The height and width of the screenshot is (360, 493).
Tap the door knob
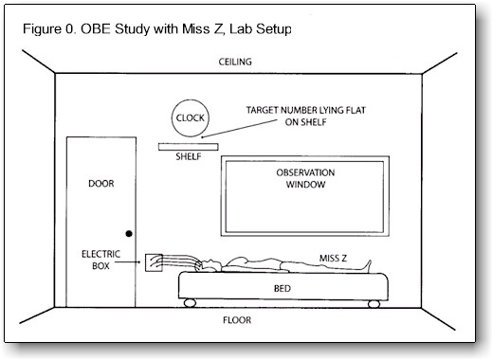[129, 234]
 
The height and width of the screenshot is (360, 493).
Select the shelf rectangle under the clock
[189, 147]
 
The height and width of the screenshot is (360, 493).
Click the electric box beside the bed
[154, 262]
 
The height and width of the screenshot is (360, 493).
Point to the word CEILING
[235, 62]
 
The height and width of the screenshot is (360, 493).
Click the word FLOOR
[237, 320]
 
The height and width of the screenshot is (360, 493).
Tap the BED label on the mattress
[283, 288]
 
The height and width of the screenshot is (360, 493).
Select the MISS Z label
[333, 259]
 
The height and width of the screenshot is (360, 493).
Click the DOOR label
[101, 184]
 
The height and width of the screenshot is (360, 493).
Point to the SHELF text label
[189, 156]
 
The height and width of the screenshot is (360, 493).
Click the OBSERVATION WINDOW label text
[305, 178]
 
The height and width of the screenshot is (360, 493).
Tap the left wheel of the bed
[190, 303]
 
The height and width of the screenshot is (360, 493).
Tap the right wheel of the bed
[374, 304]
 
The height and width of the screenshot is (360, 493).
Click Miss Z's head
[209, 265]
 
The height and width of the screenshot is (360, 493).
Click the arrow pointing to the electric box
[128, 261]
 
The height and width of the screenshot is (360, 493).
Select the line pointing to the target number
[240, 129]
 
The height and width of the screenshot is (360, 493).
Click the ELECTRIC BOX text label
[100, 260]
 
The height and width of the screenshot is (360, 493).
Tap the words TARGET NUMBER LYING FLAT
[305, 110]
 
